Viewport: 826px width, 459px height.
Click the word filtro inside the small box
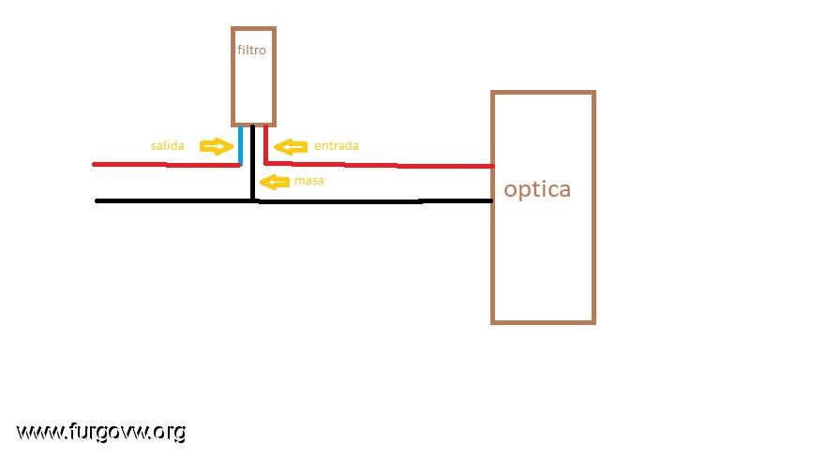click(x=251, y=50)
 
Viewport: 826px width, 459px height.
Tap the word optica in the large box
click(x=537, y=190)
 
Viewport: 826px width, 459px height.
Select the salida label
click(x=168, y=146)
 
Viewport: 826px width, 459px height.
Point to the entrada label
click(x=336, y=146)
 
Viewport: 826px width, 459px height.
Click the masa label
click(x=309, y=181)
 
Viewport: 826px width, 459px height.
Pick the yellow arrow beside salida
click(x=216, y=146)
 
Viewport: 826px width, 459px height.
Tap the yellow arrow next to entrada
click(x=291, y=146)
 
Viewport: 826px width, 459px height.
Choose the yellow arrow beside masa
click(x=275, y=182)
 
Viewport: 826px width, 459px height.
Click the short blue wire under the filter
click(x=240, y=145)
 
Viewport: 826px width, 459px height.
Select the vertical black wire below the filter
click(x=253, y=163)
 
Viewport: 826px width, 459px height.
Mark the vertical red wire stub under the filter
click(x=266, y=144)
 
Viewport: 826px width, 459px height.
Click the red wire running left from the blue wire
click(x=167, y=165)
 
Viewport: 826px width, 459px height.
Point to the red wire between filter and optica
click(x=379, y=165)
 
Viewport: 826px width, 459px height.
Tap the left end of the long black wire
click(x=97, y=200)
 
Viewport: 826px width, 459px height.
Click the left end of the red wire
click(x=94, y=164)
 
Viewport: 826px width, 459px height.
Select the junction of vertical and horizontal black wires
click(x=253, y=200)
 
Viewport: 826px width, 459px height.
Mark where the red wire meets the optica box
click(x=492, y=167)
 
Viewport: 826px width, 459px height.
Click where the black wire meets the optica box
click(x=492, y=200)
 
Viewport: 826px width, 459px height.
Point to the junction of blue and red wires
click(x=240, y=165)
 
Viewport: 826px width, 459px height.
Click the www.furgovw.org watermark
click(x=101, y=433)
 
